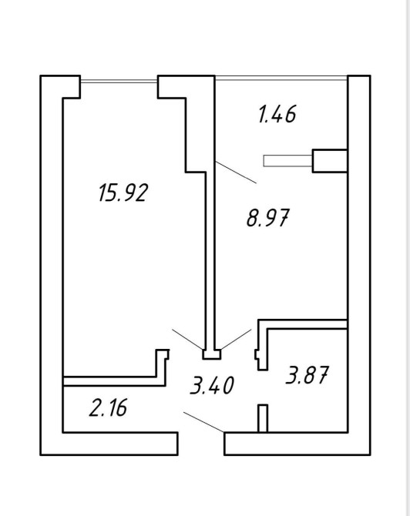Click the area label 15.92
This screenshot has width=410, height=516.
click(123, 193)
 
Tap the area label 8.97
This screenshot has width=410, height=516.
click(267, 217)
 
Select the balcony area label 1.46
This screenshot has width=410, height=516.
click(277, 114)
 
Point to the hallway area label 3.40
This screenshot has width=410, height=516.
click(212, 385)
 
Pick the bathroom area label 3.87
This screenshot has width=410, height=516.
click(307, 375)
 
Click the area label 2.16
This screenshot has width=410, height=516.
click(108, 407)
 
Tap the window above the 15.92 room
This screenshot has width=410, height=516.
click(119, 81)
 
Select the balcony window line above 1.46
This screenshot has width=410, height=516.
click(281, 78)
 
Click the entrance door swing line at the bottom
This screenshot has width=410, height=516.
click(204, 422)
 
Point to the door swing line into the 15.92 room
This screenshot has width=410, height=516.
click(187, 339)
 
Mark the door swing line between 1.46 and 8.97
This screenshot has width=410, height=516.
click(236, 173)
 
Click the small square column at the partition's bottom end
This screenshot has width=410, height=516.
click(211, 354)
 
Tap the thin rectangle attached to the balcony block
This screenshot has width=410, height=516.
click(287, 161)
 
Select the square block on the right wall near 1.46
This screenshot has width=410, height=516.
click(330, 161)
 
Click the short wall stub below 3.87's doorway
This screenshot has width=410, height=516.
click(263, 418)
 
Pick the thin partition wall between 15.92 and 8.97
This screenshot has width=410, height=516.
click(210, 256)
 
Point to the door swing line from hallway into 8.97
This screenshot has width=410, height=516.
click(236, 339)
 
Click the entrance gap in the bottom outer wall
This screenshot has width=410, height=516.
click(201, 444)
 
